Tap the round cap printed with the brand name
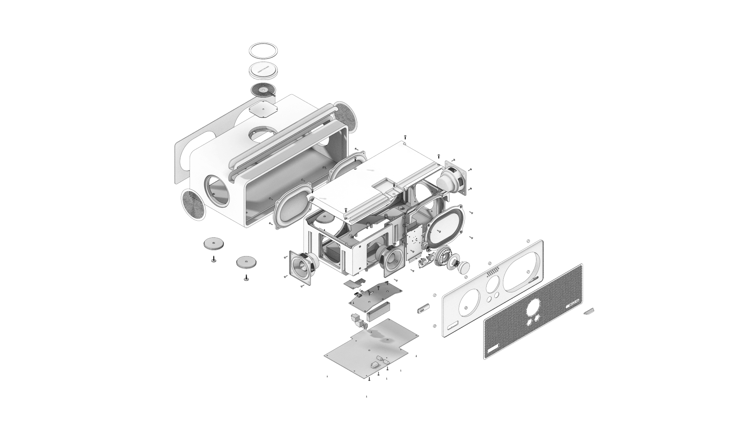tap(264, 71)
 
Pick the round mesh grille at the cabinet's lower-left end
tap(193, 205)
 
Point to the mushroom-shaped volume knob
tap(464, 267)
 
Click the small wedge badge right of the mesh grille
tap(589, 311)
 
